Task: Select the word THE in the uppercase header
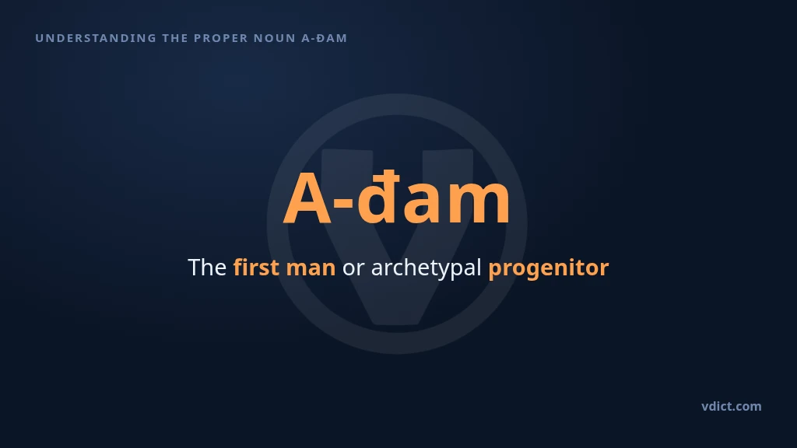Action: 175,38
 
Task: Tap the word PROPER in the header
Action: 220,38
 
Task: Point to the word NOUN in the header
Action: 275,38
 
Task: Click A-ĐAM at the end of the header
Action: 325,38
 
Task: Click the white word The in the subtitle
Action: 207,268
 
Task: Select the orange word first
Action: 256,268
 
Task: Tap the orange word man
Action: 311,269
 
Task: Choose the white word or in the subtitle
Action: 353,270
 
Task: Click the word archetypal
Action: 426,268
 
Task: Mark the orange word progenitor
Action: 549,268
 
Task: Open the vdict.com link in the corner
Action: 732,406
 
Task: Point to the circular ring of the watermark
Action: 277,223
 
